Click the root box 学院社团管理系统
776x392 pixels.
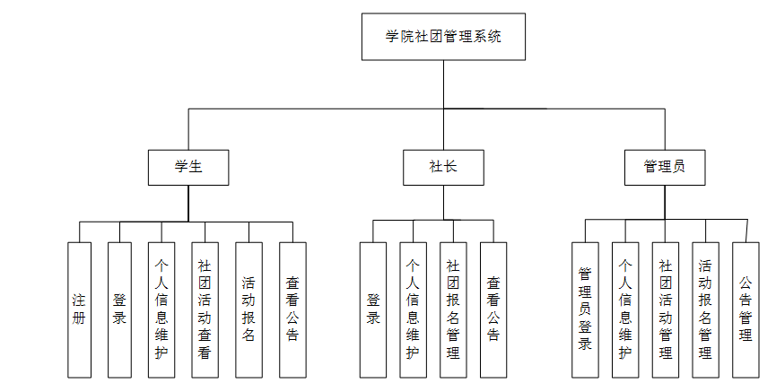click(443, 37)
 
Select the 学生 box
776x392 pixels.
click(188, 167)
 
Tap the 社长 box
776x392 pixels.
click(443, 167)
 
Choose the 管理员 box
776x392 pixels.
click(664, 167)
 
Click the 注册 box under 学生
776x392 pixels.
click(79, 309)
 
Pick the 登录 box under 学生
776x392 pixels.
click(119, 309)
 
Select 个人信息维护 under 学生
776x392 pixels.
click(161, 309)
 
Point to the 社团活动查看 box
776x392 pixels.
click(205, 309)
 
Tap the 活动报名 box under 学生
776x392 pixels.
click(248, 309)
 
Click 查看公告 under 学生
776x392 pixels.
click(292, 309)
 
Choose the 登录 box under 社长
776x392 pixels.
click(373, 309)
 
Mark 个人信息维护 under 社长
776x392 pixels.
click(413, 309)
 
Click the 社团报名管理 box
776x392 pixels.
click(453, 309)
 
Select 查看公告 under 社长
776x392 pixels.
click(493, 309)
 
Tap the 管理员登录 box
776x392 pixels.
click(585, 309)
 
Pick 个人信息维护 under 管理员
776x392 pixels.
click(625, 309)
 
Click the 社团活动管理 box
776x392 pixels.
click(665, 309)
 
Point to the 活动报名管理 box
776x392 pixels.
click(705, 309)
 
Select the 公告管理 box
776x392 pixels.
click(745, 309)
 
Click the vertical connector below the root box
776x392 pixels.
click(443, 85)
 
